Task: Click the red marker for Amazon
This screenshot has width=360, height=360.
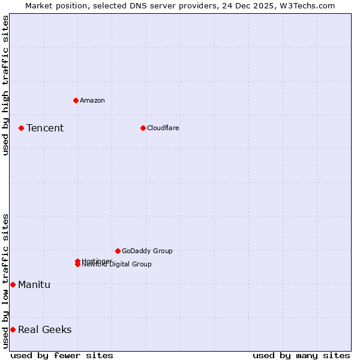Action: [76, 100]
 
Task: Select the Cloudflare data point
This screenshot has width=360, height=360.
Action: [143, 128]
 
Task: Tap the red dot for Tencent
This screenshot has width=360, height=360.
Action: [21, 128]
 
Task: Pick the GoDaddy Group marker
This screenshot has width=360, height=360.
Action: [118, 251]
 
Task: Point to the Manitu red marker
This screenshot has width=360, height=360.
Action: [13, 284]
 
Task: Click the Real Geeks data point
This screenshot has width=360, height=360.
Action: [13, 329]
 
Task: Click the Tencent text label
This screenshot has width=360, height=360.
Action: [45, 128]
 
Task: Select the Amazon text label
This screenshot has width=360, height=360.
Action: [92, 100]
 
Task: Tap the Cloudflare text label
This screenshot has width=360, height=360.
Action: [163, 128]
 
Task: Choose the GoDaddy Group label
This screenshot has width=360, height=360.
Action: [147, 251]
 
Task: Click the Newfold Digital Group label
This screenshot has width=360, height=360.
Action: [118, 265]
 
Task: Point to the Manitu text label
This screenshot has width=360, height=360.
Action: [34, 284]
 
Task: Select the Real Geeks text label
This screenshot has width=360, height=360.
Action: [44, 329]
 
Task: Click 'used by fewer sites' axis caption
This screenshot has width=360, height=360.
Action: [62, 355]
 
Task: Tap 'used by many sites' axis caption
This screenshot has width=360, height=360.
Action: [301, 355]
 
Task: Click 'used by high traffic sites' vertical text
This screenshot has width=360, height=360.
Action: [5, 85]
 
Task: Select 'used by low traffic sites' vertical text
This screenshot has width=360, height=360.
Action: [5, 280]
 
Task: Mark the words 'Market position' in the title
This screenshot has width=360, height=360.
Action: [53, 5]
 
